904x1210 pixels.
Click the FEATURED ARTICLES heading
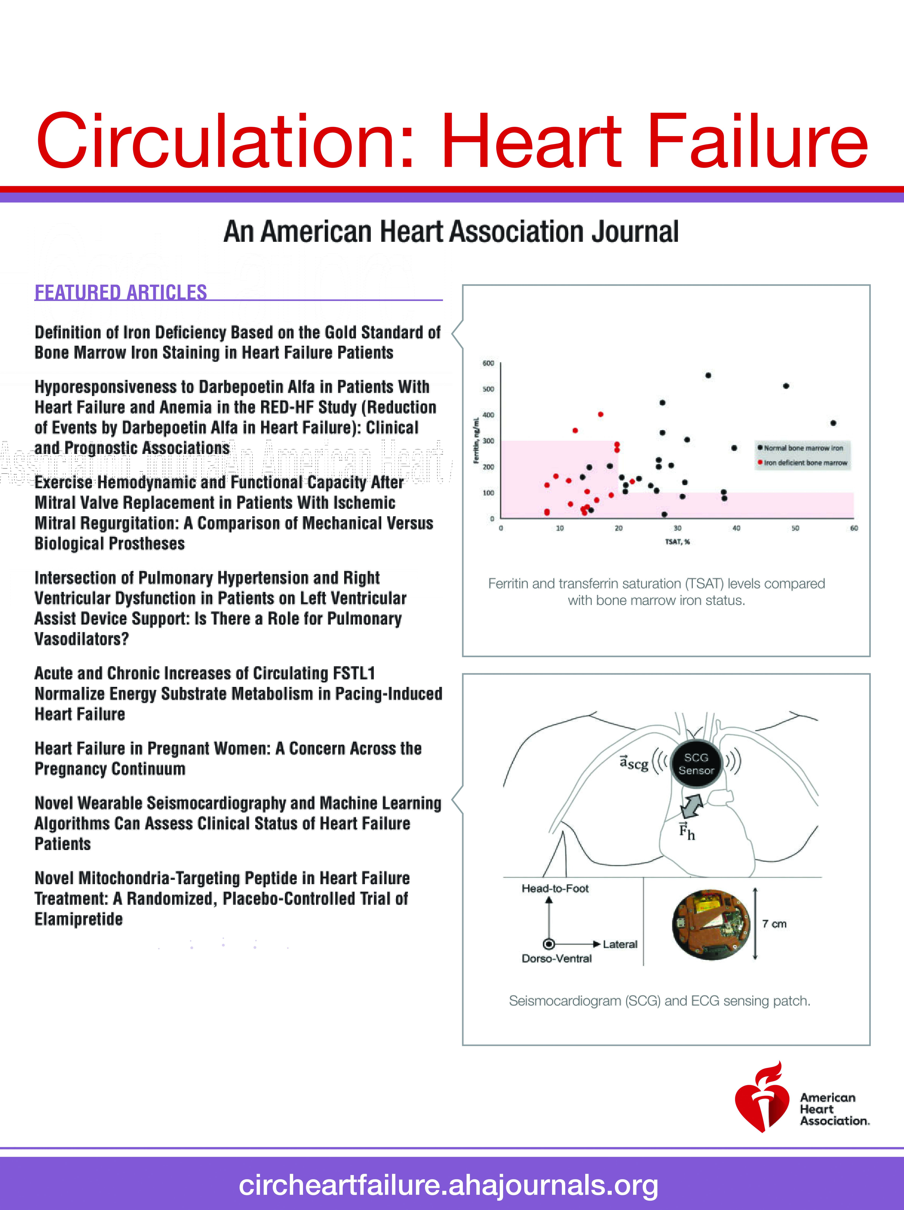(x=121, y=293)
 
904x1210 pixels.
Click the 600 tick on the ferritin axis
(x=488, y=363)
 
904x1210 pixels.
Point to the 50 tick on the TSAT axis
(x=795, y=529)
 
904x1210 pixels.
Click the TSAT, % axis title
(x=677, y=541)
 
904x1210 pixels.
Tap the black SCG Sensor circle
(x=696, y=764)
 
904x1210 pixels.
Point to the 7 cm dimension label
(x=774, y=924)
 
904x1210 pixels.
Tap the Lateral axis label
(x=620, y=944)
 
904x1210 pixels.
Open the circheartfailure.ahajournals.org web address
(x=448, y=1185)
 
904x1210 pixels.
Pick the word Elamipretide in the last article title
(x=79, y=919)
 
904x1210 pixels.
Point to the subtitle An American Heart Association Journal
(x=451, y=231)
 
